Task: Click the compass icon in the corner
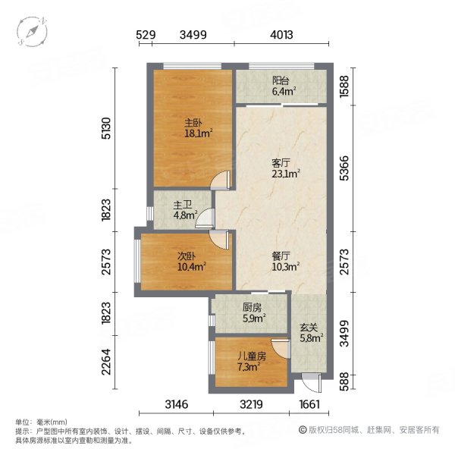[32, 31]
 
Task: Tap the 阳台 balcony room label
[281, 80]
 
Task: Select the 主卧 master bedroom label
[193, 123]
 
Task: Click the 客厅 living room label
[281, 163]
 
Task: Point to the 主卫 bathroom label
[183, 206]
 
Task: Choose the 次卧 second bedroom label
[187, 256]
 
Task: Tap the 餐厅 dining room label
[281, 256]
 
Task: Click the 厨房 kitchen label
[252, 307]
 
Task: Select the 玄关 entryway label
[309, 328]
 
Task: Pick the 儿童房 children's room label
[252, 356]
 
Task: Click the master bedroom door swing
[221, 180]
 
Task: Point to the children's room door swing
[281, 348]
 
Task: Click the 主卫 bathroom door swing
[206, 218]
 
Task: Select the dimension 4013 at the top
[281, 35]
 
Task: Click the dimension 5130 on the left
[106, 128]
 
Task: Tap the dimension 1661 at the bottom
[309, 404]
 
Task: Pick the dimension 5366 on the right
[344, 168]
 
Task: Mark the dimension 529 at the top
[146, 35]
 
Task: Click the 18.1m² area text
[199, 133]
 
